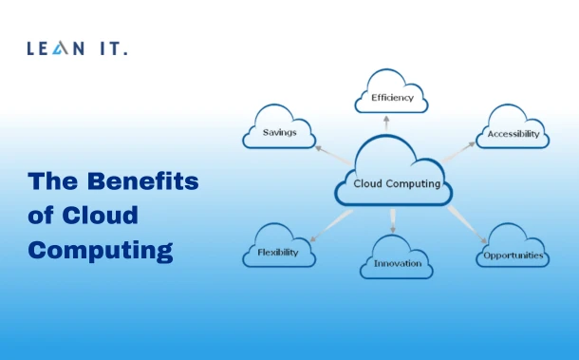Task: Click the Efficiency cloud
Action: (390, 94)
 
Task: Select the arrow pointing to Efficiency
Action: (386, 124)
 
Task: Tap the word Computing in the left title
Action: (100, 251)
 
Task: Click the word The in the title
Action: (49, 181)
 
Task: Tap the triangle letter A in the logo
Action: (67, 47)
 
